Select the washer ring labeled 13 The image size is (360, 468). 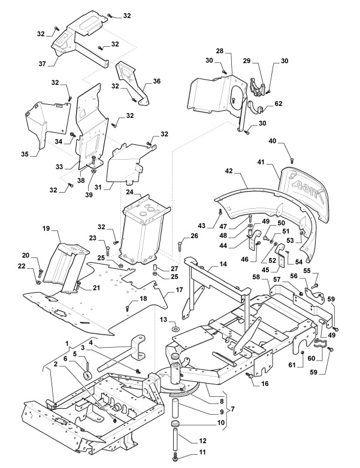(174, 329)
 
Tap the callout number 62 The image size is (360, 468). (278, 104)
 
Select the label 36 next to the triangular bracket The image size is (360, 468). (156, 82)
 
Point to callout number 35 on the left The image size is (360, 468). (25, 154)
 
